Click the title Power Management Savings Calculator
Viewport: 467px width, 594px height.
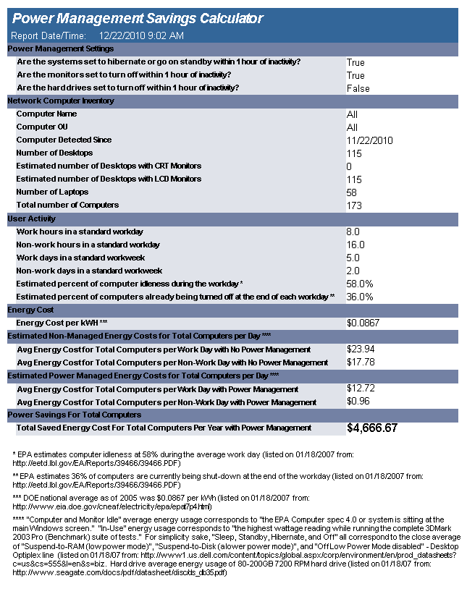(x=138, y=19)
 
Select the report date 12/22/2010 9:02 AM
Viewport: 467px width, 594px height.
(x=141, y=35)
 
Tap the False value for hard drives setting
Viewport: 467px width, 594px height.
(x=358, y=88)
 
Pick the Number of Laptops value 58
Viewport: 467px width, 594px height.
(x=352, y=192)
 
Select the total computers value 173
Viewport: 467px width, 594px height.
(x=354, y=205)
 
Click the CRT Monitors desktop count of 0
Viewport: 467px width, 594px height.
(x=349, y=166)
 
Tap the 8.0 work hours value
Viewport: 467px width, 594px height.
(x=353, y=232)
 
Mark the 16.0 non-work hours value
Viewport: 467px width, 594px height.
(x=355, y=245)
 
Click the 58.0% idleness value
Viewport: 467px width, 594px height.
(x=360, y=284)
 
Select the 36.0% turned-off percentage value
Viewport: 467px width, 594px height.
(x=360, y=297)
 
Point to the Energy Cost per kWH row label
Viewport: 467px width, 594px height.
(x=62, y=323)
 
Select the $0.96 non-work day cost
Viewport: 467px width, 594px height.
(x=357, y=402)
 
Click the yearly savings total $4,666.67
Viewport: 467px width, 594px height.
(x=372, y=428)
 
